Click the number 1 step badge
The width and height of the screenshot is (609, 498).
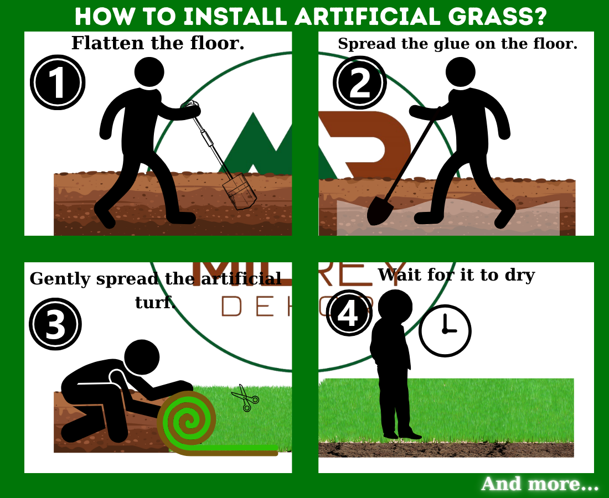click(58, 82)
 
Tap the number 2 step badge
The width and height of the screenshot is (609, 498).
click(360, 82)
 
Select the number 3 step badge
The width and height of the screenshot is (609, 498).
click(55, 324)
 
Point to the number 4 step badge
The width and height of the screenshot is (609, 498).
click(349, 313)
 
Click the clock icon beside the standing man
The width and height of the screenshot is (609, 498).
click(445, 331)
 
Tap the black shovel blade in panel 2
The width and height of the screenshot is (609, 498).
click(378, 211)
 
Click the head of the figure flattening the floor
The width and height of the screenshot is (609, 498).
click(149, 72)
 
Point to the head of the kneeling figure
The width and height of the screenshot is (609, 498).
click(142, 357)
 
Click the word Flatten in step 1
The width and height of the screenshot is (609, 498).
click(107, 43)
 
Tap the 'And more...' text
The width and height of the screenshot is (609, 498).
click(540, 484)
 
